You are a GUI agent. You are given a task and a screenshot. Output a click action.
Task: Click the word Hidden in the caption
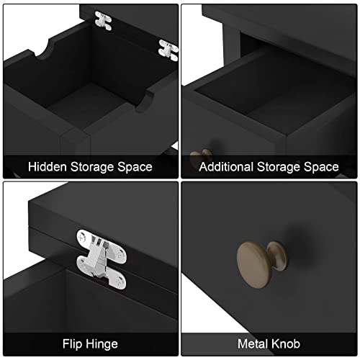click(x=48, y=166)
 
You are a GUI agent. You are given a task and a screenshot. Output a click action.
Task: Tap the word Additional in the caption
click(x=226, y=166)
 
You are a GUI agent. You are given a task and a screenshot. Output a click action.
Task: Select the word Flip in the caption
click(x=73, y=344)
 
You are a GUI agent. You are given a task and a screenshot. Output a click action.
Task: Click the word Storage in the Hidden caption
click(x=92, y=167)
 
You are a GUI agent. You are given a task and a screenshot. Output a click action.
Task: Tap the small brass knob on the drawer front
click(x=201, y=157)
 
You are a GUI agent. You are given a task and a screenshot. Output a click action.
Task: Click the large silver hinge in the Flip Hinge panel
click(x=102, y=259)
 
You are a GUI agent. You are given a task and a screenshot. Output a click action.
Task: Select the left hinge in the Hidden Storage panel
click(x=103, y=21)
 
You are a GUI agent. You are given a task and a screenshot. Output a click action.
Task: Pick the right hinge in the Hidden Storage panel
click(x=168, y=50)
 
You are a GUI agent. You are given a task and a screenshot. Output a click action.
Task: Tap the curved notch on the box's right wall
click(x=145, y=101)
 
